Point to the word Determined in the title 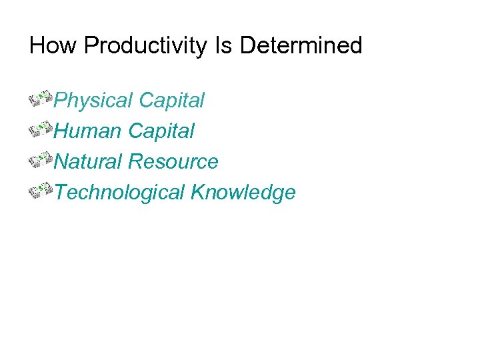tap(301, 46)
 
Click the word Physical tap(93, 101)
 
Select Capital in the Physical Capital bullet tap(171, 101)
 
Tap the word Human tap(88, 131)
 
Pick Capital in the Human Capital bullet tap(161, 131)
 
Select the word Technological tap(119, 193)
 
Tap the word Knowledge tap(243, 193)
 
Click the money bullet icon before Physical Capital tap(41, 99)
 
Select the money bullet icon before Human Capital tap(41, 130)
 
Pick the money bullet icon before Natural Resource tap(41, 161)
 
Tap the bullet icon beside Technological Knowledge tap(41, 191)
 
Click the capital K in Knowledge tap(197, 193)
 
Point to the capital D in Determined tap(247, 46)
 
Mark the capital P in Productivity tap(91, 46)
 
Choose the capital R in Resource tap(135, 162)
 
